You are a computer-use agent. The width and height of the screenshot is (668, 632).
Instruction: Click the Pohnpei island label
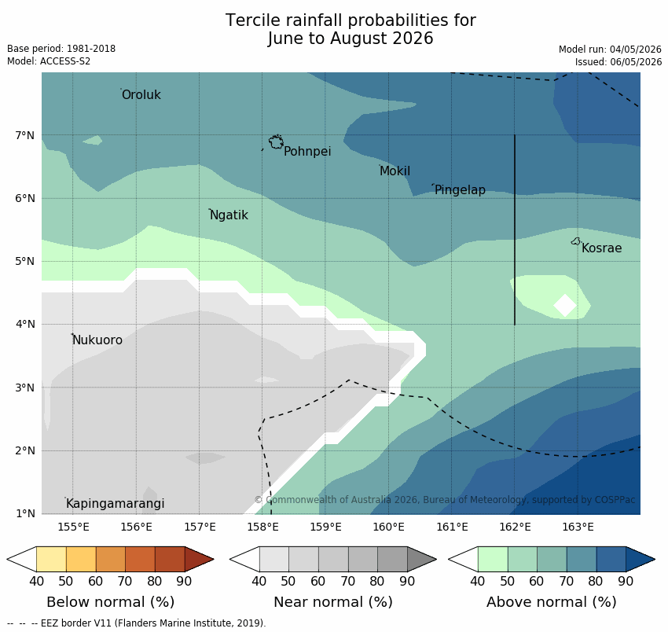pyautogui.click(x=307, y=151)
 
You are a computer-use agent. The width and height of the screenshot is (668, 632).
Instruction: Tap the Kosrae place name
pyautogui.click(x=601, y=248)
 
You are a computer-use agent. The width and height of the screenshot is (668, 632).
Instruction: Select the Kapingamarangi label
pyautogui.click(x=116, y=504)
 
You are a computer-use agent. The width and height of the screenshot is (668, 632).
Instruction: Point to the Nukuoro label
pyautogui.click(x=97, y=340)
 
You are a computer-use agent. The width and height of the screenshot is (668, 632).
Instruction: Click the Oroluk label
pyautogui.click(x=141, y=94)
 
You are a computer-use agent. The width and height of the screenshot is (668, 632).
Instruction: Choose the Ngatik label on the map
pyautogui.click(x=229, y=215)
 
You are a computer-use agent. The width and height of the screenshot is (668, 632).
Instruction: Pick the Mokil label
pyautogui.click(x=395, y=171)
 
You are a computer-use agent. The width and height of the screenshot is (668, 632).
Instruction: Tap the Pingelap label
pyautogui.click(x=460, y=190)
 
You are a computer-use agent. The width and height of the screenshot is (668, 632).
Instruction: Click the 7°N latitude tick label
pyautogui.click(x=24, y=135)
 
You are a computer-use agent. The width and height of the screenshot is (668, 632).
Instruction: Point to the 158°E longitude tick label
pyautogui.click(x=262, y=527)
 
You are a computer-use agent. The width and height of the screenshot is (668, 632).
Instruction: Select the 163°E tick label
pyautogui.click(x=578, y=527)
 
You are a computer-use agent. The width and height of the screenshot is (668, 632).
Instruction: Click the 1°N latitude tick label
pyautogui.click(x=24, y=513)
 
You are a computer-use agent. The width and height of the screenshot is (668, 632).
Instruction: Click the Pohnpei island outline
pyautogui.click(x=276, y=141)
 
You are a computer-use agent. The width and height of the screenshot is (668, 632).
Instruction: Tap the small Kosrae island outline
pyautogui.click(x=575, y=241)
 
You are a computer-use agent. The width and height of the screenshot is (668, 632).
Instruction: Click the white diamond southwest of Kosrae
pyautogui.click(x=565, y=305)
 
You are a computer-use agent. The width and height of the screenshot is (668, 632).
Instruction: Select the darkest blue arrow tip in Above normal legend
pyautogui.click(x=640, y=559)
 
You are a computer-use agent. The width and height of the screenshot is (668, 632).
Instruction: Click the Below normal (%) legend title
pyautogui.click(x=111, y=602)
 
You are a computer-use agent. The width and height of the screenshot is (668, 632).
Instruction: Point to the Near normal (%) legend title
pyautogui.click(x=333, y=602)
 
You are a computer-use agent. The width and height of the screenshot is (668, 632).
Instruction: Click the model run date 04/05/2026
pyautogui.click(x=636, y=50)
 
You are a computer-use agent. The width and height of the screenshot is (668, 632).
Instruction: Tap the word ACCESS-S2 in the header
pyautogui.click(x=65, y=61)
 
